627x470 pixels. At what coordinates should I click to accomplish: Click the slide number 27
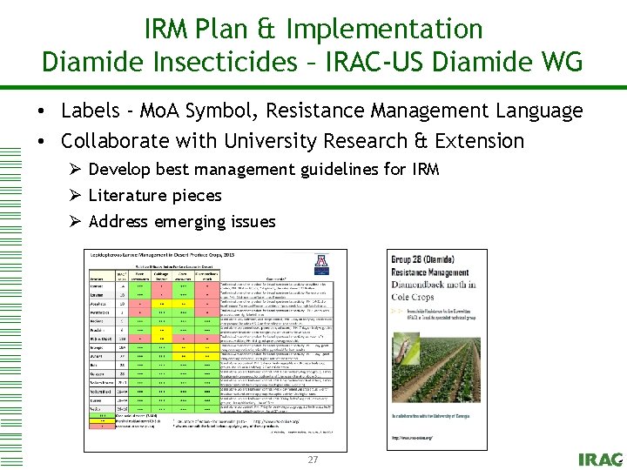pyautogui.click(x=313, y=459)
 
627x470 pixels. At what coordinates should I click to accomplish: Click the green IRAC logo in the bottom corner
pyautogui.click(x=600, y=459)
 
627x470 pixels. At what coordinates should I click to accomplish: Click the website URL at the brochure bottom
pyautogui.click(x=413, y=437)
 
